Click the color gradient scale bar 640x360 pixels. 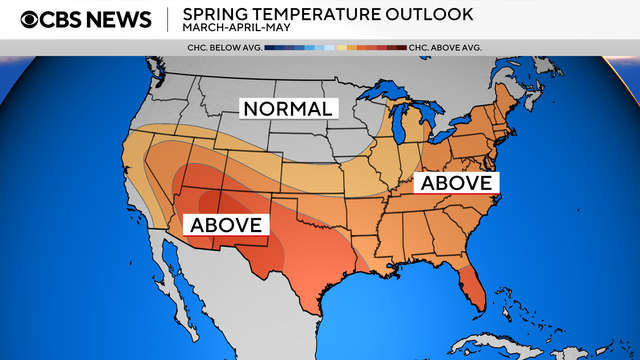[x=336, y=47]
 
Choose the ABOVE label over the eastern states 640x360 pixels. [x=456, y=183]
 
